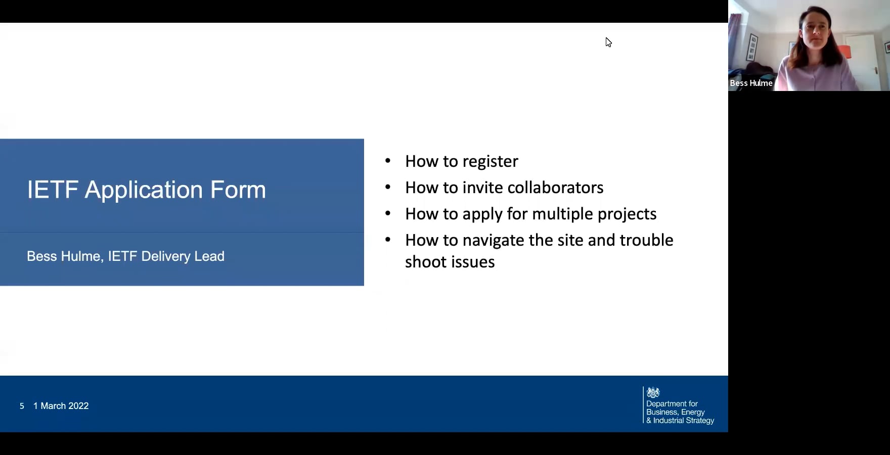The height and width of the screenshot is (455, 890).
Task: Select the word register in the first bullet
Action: [x=490, y=161]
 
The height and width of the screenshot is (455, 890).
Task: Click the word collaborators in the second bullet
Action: [x=555, y=188]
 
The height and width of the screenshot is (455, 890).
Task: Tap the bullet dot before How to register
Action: [x=388, y=161]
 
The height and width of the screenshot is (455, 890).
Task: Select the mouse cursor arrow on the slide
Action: [x=608, y=42]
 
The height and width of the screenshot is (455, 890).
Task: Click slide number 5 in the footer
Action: [x=22, y=406]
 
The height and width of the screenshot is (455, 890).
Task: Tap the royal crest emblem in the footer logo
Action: [x=653, y=392]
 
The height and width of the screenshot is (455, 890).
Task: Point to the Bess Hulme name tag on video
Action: [x=751, y=83]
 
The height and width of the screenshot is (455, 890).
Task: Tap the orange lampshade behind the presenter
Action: [x=844, y=52]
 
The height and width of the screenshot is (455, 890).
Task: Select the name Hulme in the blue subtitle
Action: [x=82, y=256]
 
